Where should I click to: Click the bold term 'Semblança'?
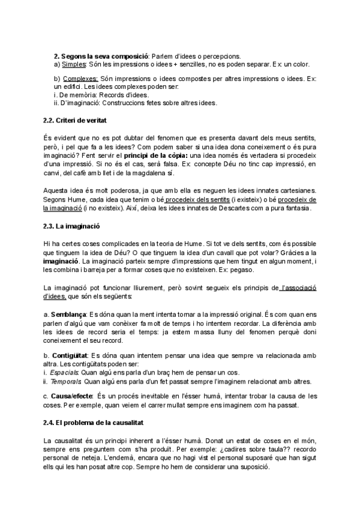coord(68,315)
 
